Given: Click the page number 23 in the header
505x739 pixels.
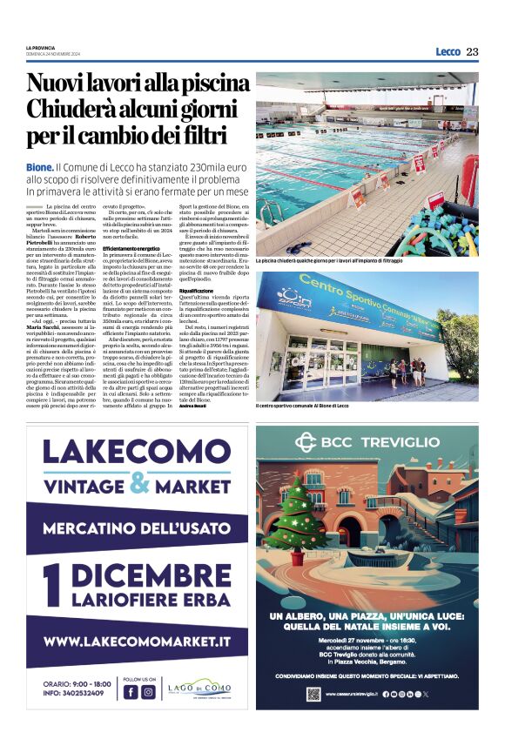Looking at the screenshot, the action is [472, 51].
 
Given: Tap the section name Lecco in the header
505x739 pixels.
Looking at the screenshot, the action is [448, 51].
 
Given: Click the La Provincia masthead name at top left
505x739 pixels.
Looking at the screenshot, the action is [40, 47].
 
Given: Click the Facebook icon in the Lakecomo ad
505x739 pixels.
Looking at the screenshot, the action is [130, 692].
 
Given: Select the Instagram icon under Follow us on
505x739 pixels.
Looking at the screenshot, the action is [148, 692].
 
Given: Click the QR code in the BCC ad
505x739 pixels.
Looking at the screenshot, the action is [313, 694].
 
